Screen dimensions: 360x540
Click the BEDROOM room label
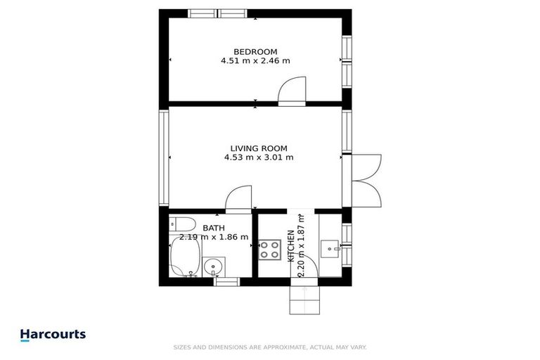[255, 51]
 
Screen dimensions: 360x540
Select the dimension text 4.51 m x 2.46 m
[255, 61]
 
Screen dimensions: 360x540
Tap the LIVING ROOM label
[259, 148]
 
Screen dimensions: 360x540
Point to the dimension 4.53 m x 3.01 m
[259, 157]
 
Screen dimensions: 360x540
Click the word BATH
[214, 228]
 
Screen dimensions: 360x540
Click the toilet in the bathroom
[181, 225]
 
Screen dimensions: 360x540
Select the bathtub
[185, 257]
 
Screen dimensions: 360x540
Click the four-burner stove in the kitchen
[270, 249]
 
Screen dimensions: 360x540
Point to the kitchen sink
[330, 248]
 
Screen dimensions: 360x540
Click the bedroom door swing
[292, 91]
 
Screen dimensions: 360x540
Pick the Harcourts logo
[53, 335]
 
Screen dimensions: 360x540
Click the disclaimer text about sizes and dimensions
[269, 347]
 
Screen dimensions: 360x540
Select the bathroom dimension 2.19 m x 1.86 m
[214, 237]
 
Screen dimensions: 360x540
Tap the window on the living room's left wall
[164, 156]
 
